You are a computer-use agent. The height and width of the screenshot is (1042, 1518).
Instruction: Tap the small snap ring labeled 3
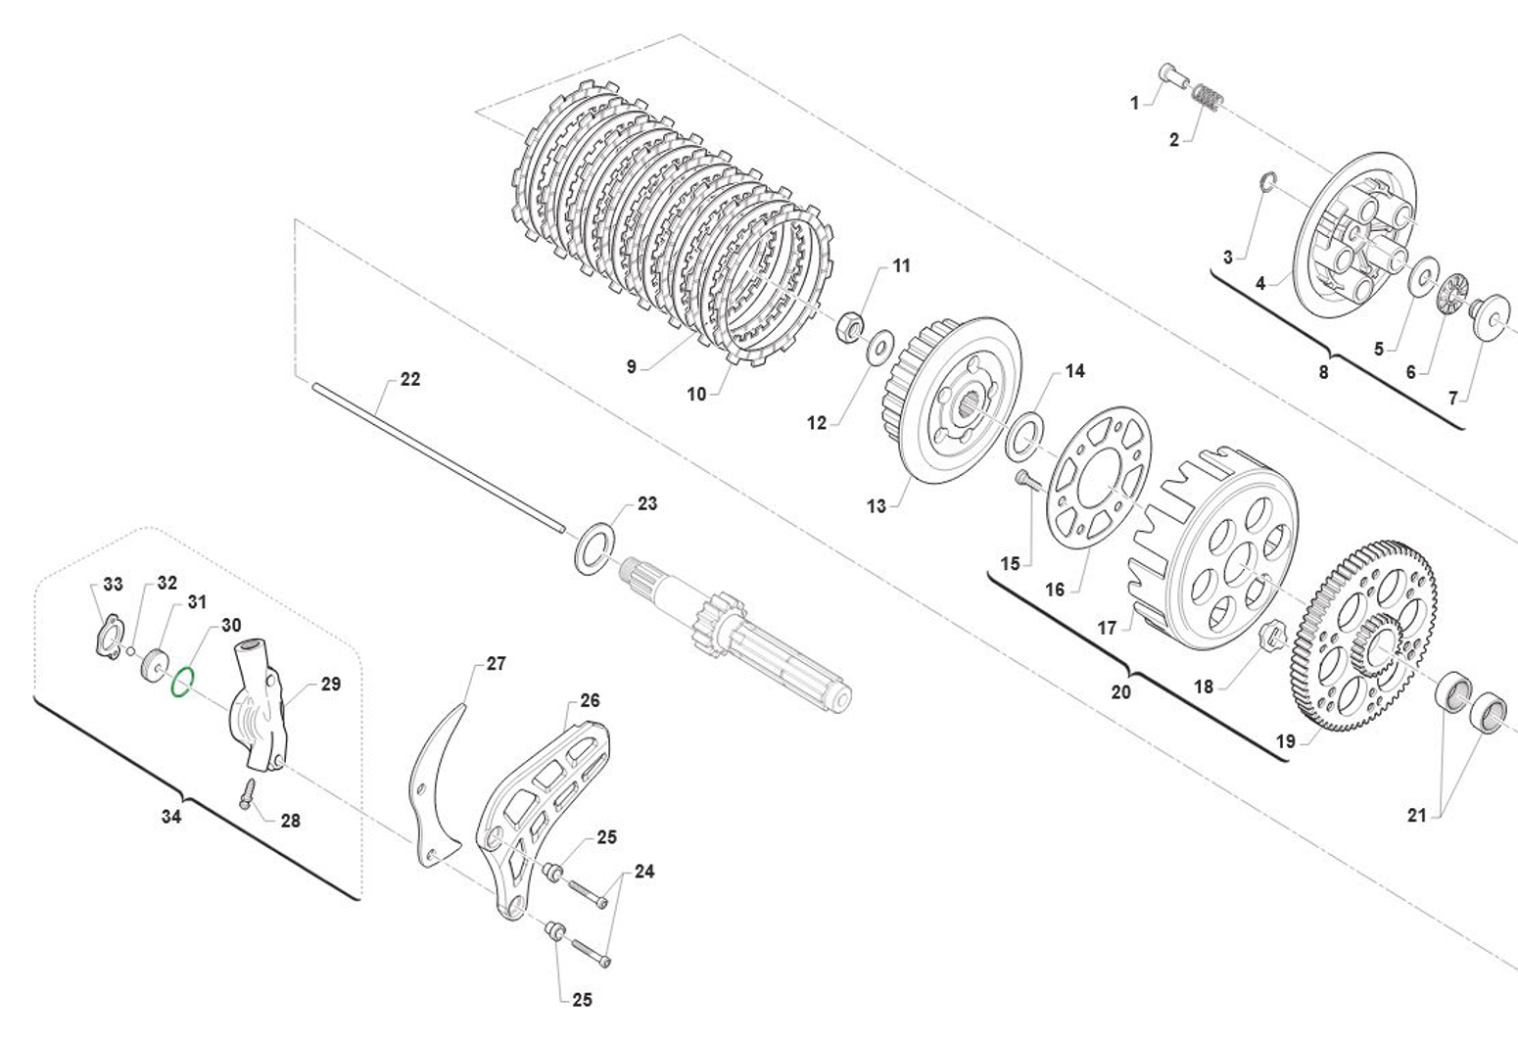(x=1268, y=182)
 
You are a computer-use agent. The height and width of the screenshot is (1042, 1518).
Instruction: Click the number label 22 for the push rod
(x=409, y=379)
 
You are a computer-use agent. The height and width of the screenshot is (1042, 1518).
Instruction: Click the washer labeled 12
(x=879, y=344)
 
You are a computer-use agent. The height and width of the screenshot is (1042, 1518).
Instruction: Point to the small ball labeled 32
(x=131, y=651)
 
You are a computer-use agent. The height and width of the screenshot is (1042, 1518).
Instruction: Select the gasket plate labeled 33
(x=107, y=635)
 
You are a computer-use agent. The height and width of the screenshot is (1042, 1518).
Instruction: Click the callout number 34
(x=171, y=816)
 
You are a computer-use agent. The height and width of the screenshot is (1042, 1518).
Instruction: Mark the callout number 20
(x=1120, y=691)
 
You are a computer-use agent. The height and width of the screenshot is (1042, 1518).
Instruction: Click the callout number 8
(x=1323, y=372)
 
